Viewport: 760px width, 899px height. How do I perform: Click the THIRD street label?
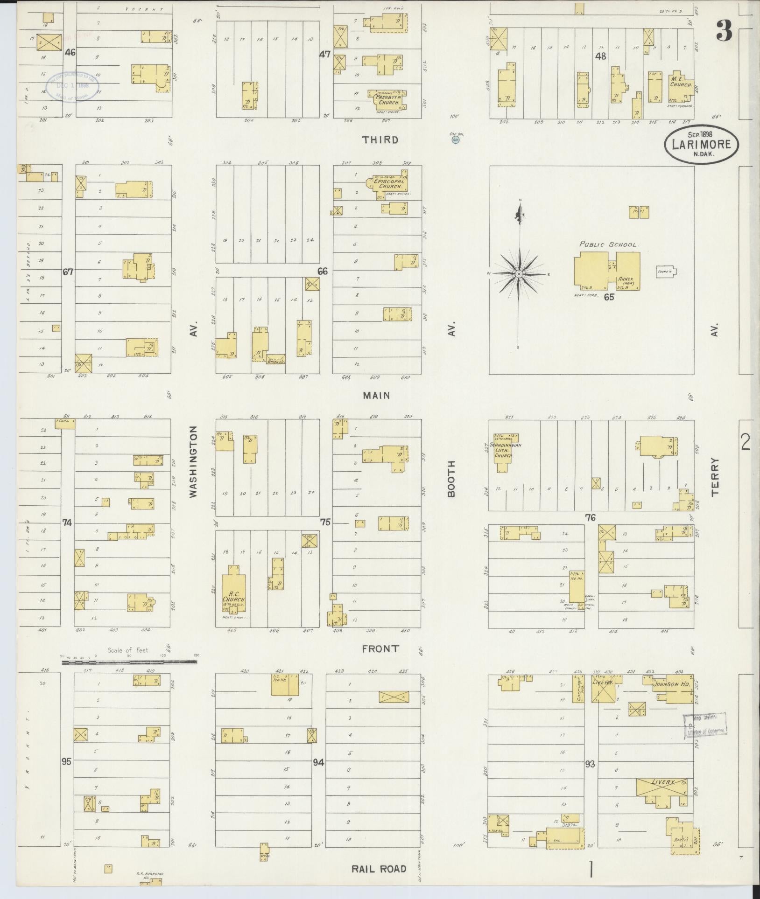(381, 139)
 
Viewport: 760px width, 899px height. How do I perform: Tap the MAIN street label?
(376, 396)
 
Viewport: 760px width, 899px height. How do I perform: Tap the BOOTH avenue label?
(451, 479)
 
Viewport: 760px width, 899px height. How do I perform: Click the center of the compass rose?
(518, 273)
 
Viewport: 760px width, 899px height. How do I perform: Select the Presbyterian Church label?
(387, 100)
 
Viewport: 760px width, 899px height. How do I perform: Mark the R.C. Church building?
(233, 595)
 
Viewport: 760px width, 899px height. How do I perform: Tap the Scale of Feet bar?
(129, 662)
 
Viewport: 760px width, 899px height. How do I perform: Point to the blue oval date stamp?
(72, 87)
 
